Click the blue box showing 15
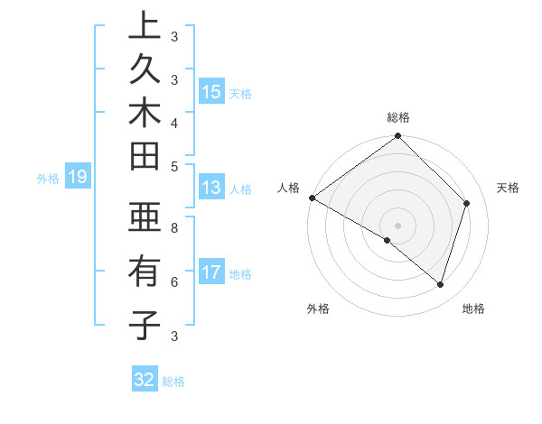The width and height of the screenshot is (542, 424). (x=211, y=91)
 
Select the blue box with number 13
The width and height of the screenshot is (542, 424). (x=210, y=188)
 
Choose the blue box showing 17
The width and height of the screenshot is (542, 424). (x=211, y=272)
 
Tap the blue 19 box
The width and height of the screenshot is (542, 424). (x=77, y=177)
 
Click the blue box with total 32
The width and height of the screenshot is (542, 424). (x=145, y=380)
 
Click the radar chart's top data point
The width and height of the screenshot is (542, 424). (x=397, y=137)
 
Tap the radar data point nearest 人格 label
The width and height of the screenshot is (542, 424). (x=312, y=198)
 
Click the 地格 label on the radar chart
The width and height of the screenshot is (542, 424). (x=473, y=309)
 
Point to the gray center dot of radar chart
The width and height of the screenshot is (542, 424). (x=397, y=225)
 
